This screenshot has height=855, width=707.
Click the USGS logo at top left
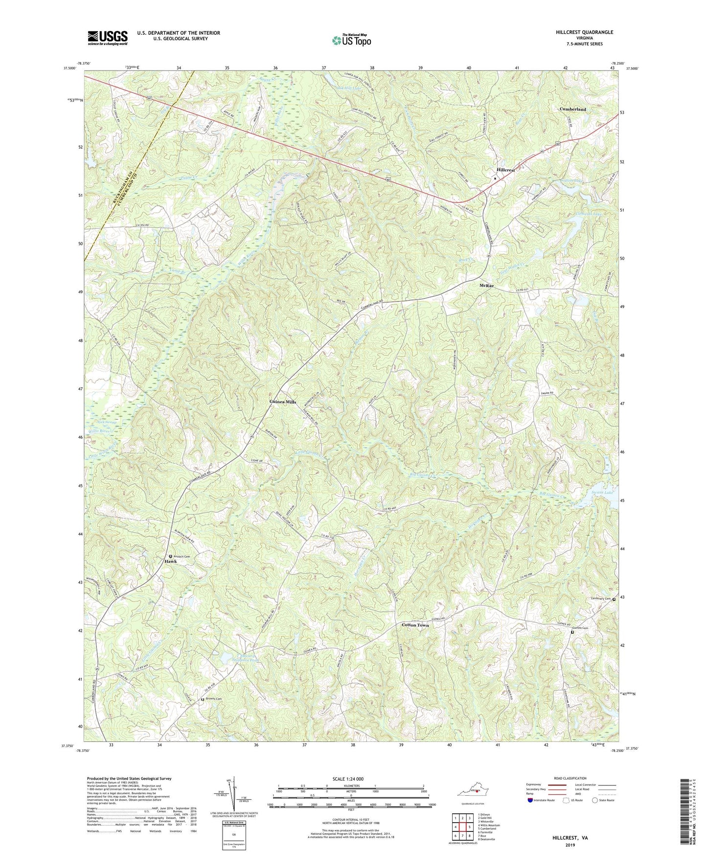tap(108, 38)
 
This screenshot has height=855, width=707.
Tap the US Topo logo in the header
tap(351, 40)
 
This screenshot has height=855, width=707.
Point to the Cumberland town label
tap(572, 109)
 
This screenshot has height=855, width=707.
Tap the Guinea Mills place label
tap(283, 402)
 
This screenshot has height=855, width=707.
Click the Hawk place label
tap(171, 562)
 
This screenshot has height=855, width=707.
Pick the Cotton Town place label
tap(415, 625)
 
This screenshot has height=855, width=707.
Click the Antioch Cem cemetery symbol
tap(170, 556)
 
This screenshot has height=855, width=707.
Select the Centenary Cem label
tap(600, 598)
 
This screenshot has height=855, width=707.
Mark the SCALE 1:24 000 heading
tap(350, 779)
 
